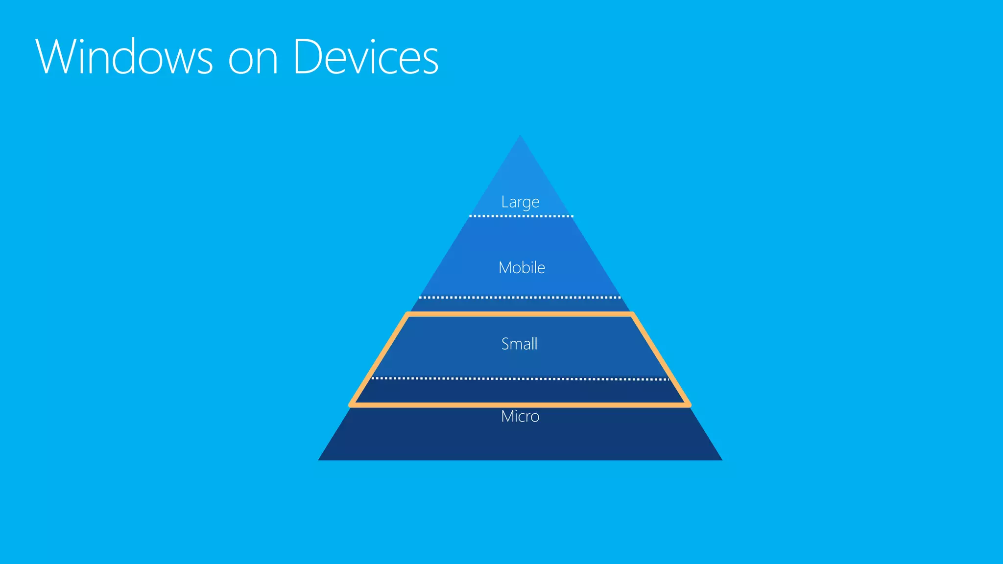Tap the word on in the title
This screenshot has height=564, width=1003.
(253, 60)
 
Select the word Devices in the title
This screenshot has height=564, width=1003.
(366, 57)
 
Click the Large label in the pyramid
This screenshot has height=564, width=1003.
(520, 202)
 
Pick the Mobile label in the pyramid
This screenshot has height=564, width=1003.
(522, 268)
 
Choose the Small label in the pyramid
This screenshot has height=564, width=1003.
(519, 344)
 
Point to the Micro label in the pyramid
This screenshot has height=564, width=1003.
(520, 416)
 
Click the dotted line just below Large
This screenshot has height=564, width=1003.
(521, 216)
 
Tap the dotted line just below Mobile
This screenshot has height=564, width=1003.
(520, 297)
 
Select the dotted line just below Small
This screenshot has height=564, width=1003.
(520, 378)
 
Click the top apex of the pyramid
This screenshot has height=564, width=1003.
(520, 137)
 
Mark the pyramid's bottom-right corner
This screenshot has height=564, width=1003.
(721, 459)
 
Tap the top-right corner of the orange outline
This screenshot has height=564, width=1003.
(632, 314)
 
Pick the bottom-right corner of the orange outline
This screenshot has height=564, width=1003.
(689, 405)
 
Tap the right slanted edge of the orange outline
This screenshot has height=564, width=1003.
(661, 360)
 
